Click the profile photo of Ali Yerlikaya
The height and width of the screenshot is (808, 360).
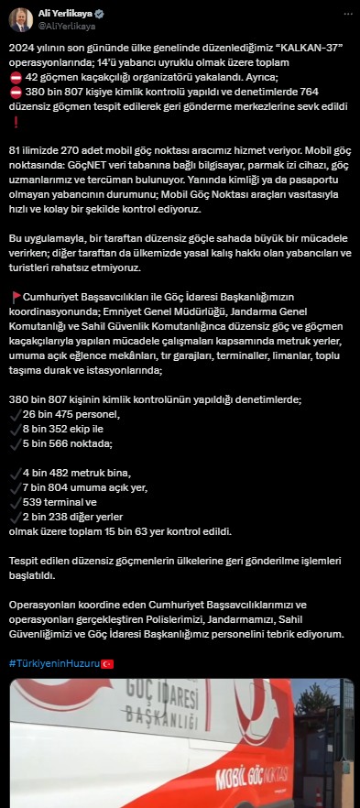tap(22, 20)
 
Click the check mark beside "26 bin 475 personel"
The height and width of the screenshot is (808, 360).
tap(15, 415)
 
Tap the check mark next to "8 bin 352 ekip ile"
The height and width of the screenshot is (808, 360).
tap(15, 430)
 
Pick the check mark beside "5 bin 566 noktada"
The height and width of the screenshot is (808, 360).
tap(15, 444)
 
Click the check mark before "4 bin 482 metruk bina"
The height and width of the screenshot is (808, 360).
tap(15, 474)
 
